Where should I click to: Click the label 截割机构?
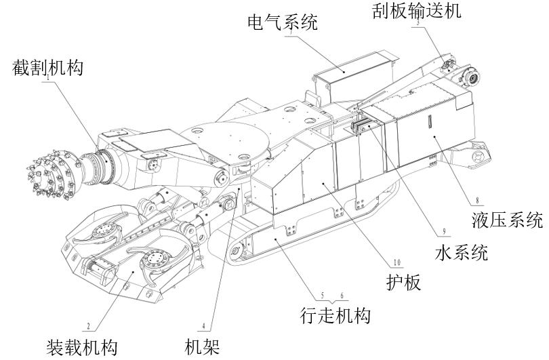pos(47,68)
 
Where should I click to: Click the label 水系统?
pos(460,252)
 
